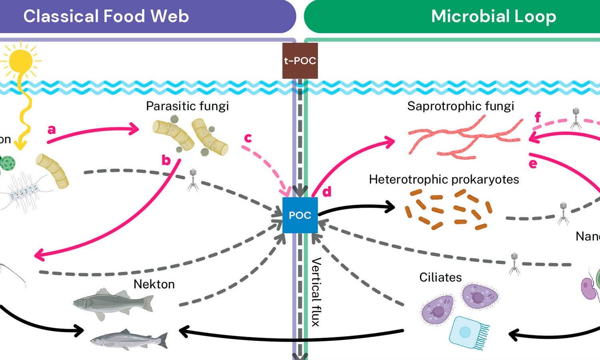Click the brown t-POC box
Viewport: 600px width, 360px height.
click(x=300, y=61)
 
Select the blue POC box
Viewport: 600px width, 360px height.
click(x=300, y=215)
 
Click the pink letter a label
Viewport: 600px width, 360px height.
click(x=52, y=130)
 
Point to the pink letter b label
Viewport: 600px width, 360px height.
click(x=166, y=160)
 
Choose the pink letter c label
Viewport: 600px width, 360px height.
click(x=248, y=138)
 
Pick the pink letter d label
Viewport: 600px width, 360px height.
click(x=327, y=192)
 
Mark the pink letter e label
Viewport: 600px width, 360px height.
click(x=533, y=164)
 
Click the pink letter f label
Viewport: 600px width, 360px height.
click(x=538, y=117)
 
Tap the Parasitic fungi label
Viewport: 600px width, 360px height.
click(x=187, y=106)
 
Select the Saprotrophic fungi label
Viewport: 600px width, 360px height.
click(x=460, y=106)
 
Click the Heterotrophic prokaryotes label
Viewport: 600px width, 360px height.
click(x=444, y=180)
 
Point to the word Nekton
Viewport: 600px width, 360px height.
click(x=154, y=284)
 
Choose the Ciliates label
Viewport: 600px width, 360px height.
click(x=440, y=278)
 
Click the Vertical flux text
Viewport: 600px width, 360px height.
click(x=316, y=292)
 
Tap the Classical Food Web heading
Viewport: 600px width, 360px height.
click(x=106, y=16)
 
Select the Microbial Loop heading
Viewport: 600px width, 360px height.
click(x=494, y=16)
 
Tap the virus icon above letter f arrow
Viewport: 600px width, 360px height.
click(x=576, y=118)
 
